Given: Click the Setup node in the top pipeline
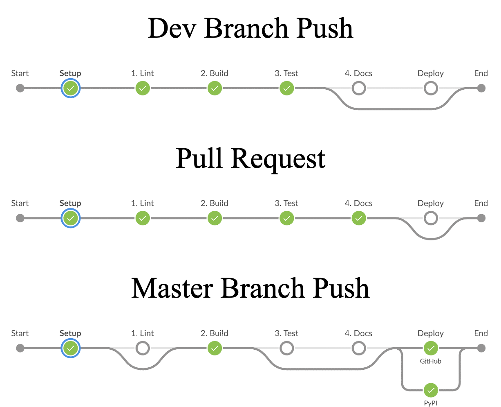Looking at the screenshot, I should click(x=71, y=88).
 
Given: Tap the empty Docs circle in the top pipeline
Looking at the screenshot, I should click(x=359, y=88).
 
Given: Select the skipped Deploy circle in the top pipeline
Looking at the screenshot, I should click(x=431, y=88).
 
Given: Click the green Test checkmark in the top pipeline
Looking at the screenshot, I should click(x=287, y=88).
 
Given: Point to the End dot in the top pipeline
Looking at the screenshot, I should click(x=481, y=88).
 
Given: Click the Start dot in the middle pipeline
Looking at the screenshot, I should click(x=20, y=218).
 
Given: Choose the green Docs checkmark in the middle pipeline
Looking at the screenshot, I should click(x=359, y=218).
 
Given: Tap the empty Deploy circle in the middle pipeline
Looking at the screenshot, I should click(x=431, y=218).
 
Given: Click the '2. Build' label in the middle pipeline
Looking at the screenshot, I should click(x=215, y=203).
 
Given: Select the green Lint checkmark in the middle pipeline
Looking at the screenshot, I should click(x=143, y=218).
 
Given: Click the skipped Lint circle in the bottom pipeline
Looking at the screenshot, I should click(x=143, y=348).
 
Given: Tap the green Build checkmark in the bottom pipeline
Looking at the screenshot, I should click(x=215, y=348).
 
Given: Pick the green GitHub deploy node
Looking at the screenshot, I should click(x=431, y=348).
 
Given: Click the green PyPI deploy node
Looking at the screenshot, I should click(x=431, y=390).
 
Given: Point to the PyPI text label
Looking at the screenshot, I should click(x=431, y=403).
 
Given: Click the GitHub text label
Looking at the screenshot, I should click(x=431, y=361).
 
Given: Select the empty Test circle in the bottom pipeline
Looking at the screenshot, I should click(x=287, y=348).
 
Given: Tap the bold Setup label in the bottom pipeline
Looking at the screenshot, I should click(x=70, y=333).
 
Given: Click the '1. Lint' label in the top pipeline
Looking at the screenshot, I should click(x=143, y=73).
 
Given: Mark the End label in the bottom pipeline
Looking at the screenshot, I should click(x=481, y=333).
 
